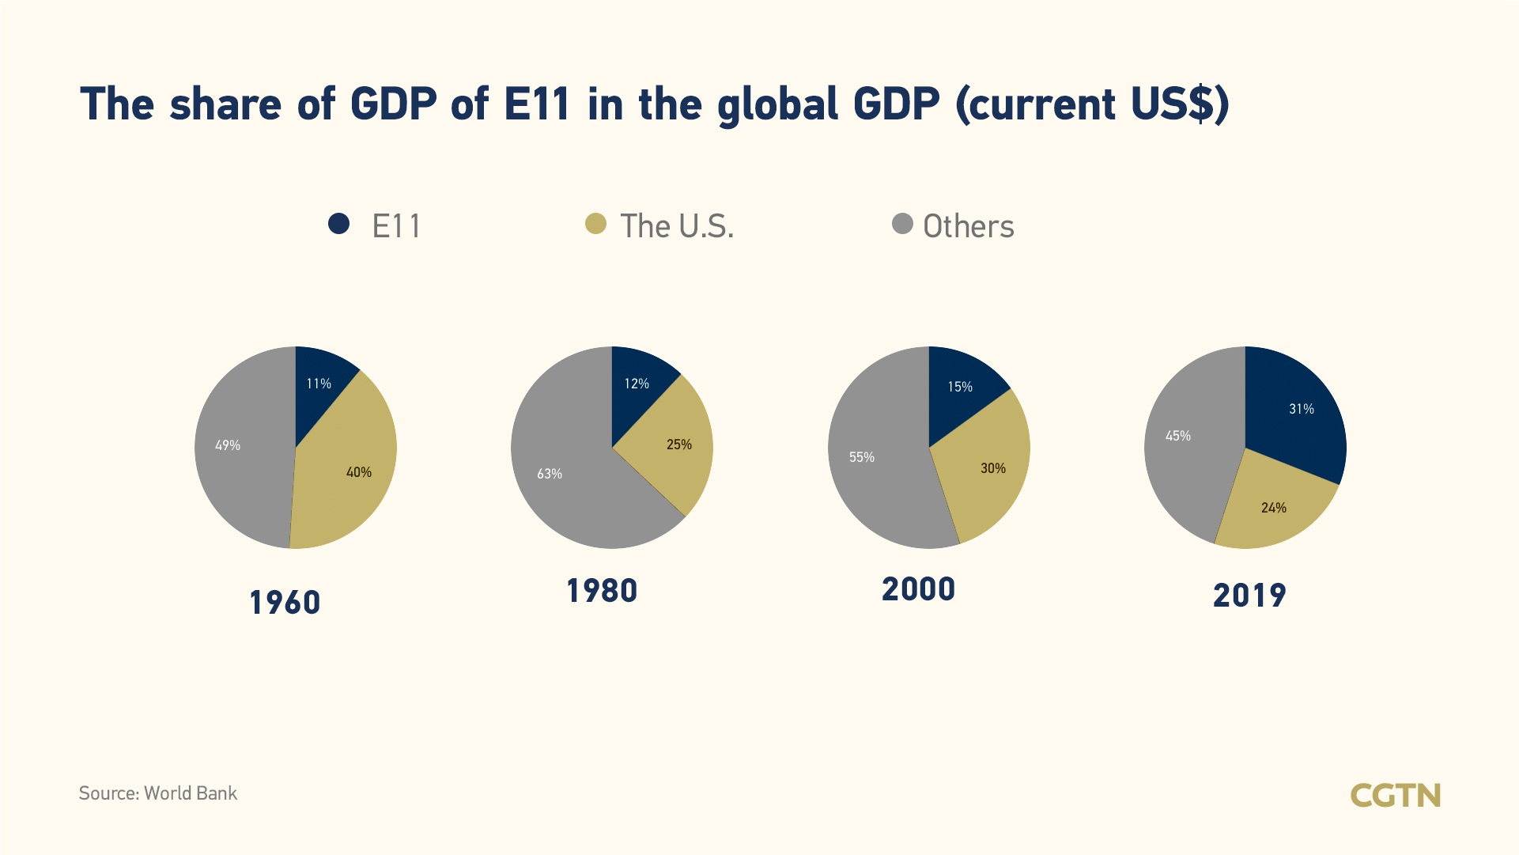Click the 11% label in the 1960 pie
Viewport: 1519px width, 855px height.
pyautogui.click(x=319, y=384)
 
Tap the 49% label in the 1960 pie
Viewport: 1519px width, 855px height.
pyautogui.click(x=228, y=445)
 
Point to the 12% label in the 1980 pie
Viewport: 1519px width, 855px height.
pyautogui.click(x=637, y=384)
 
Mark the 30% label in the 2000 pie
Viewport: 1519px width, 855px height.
pyautogui.click(x=993, y=468)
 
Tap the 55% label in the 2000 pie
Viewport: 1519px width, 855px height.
pyautogui.click(x=862, y=457)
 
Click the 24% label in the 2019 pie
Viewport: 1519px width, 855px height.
pyautogui.click(x=1274, y=508)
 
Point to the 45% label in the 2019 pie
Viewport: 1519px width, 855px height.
pyautogui.click(x=1178, y=436)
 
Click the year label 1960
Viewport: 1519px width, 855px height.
pyautogui.click(x=285, y=603)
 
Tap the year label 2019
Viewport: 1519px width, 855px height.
pyautogui.click(x=1249, y=596)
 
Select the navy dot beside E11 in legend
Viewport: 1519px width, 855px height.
pyautogui.click(x=339, y=224)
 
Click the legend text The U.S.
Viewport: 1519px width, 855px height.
pyautogui.click(x=677, y=226)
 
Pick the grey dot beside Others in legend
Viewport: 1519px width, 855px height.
pyautogui.click(x=902, y=224)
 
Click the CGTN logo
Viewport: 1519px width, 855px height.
pyautogui.click(x=1396, y=795)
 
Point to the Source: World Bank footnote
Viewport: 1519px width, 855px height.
pyautogui.click(x=158, y=793)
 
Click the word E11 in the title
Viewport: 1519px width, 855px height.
pyautogui.click(x=537, y=104)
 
